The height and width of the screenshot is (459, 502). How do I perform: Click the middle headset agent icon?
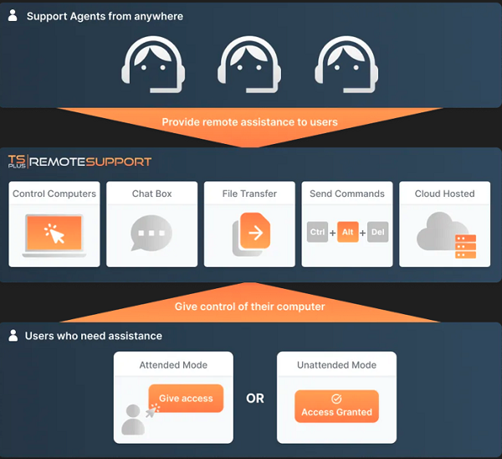(x=249, y=64)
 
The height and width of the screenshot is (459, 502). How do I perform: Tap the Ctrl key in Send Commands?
(x=317, y=232)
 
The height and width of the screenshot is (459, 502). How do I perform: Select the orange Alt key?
(x=348, y=232)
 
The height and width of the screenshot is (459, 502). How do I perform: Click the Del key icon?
(x=378, y=232)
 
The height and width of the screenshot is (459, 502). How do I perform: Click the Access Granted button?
(x=336, y=406)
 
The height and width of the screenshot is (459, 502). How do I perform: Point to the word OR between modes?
(x=255, y=399)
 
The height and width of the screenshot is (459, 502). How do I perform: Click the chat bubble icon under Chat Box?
(x=151, y=233)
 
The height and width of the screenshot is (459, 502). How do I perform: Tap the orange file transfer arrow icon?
(x=255, y=231)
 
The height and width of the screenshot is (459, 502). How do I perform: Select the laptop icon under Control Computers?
(x=54, y=235)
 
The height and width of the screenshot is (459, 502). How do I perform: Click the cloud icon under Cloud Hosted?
(x=442, y=231)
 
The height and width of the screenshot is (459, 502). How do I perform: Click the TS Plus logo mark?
(x=17, y=161)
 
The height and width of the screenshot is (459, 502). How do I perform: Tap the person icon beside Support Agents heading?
(x=13, y=15)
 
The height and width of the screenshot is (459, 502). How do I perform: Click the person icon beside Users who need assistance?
(x=13, y=335)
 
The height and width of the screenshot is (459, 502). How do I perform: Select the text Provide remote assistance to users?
(x=249, y=122)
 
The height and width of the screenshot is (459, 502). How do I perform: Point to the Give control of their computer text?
(x=249, y=307)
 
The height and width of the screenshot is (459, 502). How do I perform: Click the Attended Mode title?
(x=173, y=365)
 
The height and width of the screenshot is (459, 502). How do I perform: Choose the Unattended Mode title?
(x=336, y=365)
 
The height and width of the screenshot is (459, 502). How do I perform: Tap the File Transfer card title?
(x=249, y=193)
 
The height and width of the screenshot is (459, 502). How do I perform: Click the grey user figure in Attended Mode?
(x=133, y=420)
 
